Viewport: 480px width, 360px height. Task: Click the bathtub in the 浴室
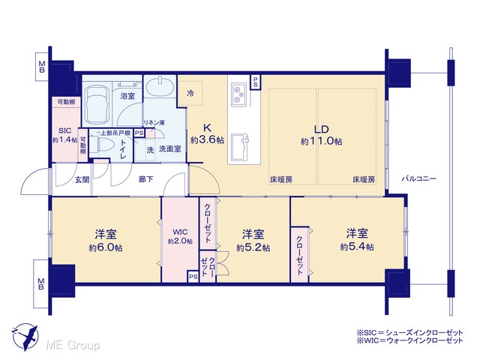coord(97,104)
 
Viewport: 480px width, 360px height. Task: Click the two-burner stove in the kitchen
coord(238,94)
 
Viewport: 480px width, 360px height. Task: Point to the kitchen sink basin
coord(240,147)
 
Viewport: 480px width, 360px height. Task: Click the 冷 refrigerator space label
coord(190,93)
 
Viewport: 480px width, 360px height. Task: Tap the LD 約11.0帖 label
coord(322,135)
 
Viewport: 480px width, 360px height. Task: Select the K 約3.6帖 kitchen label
coord(207,133)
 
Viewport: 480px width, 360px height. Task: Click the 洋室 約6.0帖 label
coord(106,241)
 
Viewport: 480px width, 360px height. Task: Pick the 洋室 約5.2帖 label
coord(253,241)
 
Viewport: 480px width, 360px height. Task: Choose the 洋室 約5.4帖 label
coord(357,240)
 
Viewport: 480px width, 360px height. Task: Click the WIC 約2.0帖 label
coord(180,236)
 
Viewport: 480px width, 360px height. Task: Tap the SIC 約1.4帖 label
coord(65,135)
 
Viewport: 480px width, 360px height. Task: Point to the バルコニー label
coord(418,178)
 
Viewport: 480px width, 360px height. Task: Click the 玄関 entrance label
coord(82,180)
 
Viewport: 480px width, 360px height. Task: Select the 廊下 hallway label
coord(146,179)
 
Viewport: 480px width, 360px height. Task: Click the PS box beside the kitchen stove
coord(255,82)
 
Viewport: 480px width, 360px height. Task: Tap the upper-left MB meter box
coord(42,67)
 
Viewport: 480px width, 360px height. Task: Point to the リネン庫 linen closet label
coord(154,123)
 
